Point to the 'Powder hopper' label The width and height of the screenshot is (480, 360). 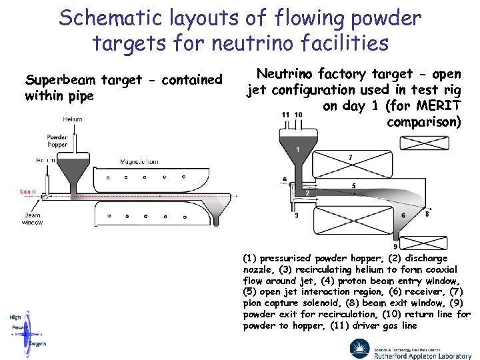coord(57,141)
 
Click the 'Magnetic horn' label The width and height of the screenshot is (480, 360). coord(139,161)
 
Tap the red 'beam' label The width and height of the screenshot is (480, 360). coord(28,191)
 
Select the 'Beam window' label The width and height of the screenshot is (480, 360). coord(33,219)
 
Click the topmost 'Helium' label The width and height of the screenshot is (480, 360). coord(73,119)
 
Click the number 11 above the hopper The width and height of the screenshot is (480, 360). coord(285,115)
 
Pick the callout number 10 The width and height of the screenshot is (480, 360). coord(298,115)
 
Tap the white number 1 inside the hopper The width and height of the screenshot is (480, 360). coord(297,150)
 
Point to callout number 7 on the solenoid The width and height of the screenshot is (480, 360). coord(351,157)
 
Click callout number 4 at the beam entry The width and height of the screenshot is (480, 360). coord(285,179)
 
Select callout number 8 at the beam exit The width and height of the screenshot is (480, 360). coord(427,214)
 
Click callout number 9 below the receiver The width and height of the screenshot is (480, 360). coord(395,247)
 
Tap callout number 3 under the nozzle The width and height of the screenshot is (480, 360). coord(296,215)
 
